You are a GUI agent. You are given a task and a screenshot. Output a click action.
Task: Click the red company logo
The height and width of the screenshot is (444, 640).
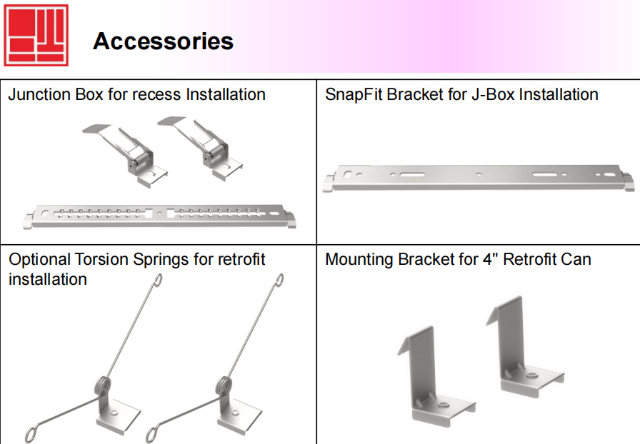pos(36,35)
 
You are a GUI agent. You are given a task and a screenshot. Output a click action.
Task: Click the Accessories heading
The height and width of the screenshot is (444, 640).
pos(163,41)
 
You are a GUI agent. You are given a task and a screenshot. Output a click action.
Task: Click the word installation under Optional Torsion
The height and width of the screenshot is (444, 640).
pos(47,279)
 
